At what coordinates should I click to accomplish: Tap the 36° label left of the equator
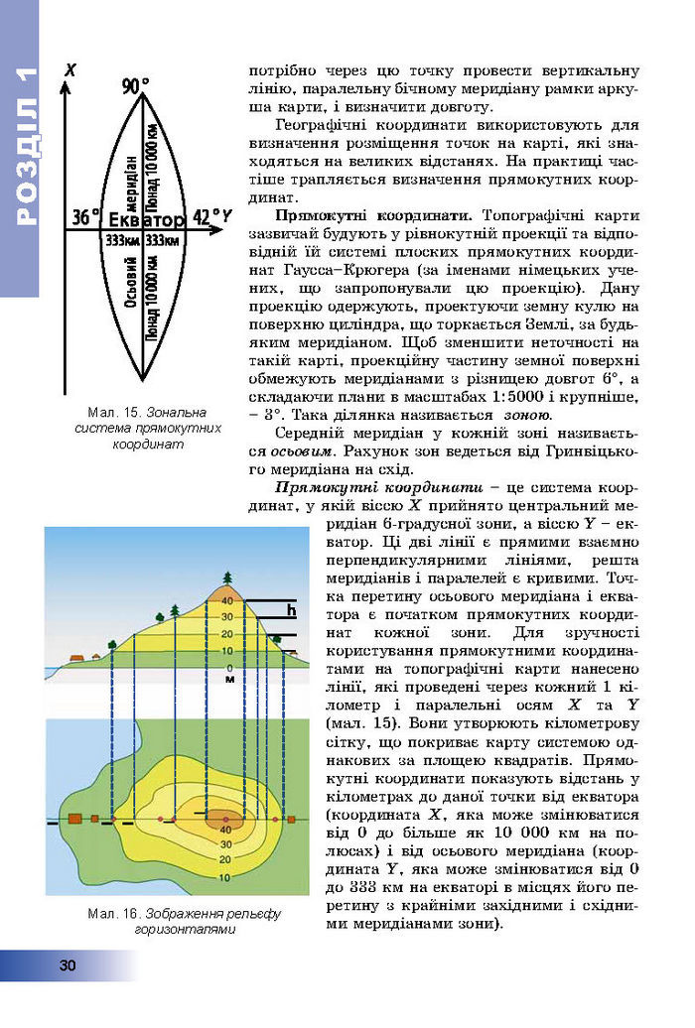[x=85, y=217]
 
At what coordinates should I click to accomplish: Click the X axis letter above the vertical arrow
[x=69, y=69]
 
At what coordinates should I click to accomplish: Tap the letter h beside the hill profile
[x=291, y=612]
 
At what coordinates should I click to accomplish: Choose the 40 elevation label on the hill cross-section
[x=226, y=601]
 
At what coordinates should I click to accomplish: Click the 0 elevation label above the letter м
[x=229, y=667]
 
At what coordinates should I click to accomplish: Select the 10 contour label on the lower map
[x=224, y=877]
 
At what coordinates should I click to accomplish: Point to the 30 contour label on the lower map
[x=225, y=844]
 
